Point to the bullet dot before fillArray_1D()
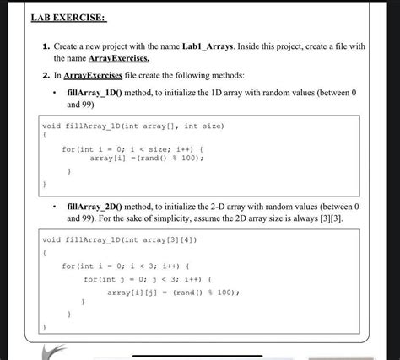[x=53, y=91]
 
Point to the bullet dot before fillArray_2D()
[x=53, y=206]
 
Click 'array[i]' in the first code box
[x=105, y=158]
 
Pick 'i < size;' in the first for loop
[x=143, y=148]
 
